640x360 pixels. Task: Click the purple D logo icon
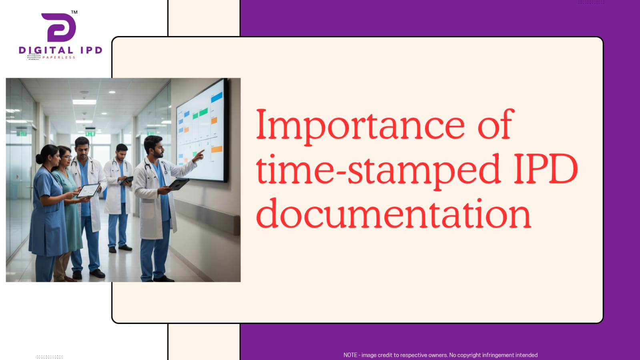point(59,28)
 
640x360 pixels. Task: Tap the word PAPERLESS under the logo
point(59,58)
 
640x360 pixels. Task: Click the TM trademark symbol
point(74,12)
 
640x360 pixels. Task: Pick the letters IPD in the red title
point(546,169)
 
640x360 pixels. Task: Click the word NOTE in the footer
point(350,355)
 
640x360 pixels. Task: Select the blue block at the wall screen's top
point(217,97)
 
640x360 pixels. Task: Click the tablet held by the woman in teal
point(88,191)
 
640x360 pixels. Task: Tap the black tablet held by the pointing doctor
point(179,184)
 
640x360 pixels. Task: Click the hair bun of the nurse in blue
point(39,159)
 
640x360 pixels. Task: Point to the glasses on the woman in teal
point(66,157)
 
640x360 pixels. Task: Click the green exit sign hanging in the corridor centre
point(90,133)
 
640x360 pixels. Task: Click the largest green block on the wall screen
point(203,112)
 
